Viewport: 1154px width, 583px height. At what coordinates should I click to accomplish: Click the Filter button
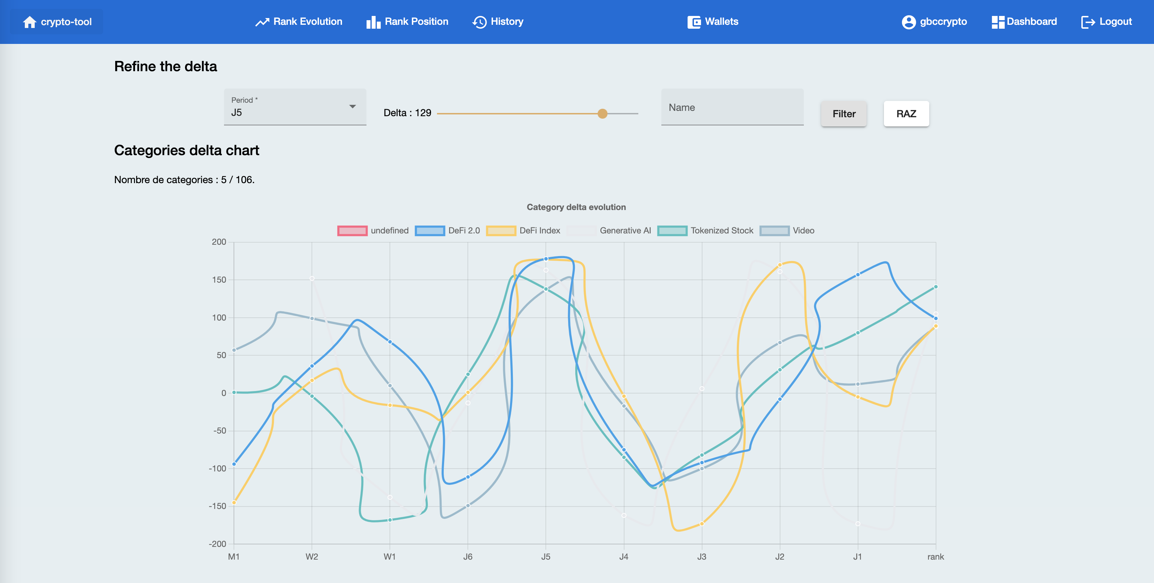(x=844, y=114)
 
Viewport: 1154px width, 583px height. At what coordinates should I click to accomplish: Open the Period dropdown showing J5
(x=295, y=107)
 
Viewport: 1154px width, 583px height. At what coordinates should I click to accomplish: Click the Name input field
(x=732, y=107)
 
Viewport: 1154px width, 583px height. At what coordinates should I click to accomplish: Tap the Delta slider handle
(x=603, y=114)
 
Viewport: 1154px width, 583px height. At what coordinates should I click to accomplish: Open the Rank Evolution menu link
(x=299, y=22)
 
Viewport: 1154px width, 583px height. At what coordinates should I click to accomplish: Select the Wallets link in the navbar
(x=713, y=22)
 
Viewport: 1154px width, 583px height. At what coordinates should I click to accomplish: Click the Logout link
(x=1107, y=22)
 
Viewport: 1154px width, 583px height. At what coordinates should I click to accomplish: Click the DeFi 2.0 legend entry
(x=448, y=231)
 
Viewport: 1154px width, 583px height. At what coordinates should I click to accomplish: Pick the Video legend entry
(x=787, y=231)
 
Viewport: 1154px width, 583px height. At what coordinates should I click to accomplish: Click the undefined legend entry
(x=373, y=231)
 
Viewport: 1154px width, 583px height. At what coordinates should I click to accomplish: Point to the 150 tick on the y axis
(x=219, y=280)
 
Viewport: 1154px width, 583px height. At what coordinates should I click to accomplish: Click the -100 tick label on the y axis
(x=217, y=468)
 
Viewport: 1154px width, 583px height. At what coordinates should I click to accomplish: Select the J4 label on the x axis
(x=623, y=556)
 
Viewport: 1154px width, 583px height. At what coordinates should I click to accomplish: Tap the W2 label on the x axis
(x=312, y=556)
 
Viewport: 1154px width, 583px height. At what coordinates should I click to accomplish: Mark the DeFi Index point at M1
(x=234, y=502)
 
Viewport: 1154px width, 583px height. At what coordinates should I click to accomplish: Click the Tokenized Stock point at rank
(x=936, y=287)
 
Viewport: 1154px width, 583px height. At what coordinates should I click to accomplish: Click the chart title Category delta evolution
(x=576, y=207)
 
